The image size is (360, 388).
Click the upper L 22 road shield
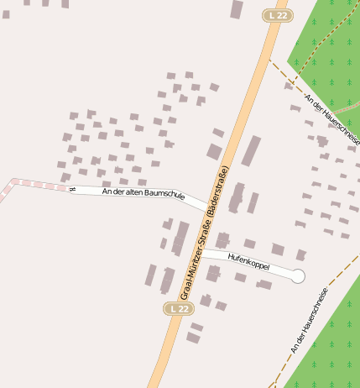[278, 15]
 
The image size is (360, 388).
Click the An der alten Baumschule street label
[143, 192]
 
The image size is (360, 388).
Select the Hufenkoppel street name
[248, 260]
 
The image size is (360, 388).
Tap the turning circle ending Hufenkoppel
[298, 275]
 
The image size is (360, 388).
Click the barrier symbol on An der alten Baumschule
[72, 189]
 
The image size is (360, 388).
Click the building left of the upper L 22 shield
[237, 9]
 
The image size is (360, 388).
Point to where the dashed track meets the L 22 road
[269, 59]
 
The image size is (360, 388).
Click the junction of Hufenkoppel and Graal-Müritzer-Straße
[201, 250]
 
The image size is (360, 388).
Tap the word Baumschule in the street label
[164, 195]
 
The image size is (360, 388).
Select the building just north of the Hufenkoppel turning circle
[300, 254]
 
